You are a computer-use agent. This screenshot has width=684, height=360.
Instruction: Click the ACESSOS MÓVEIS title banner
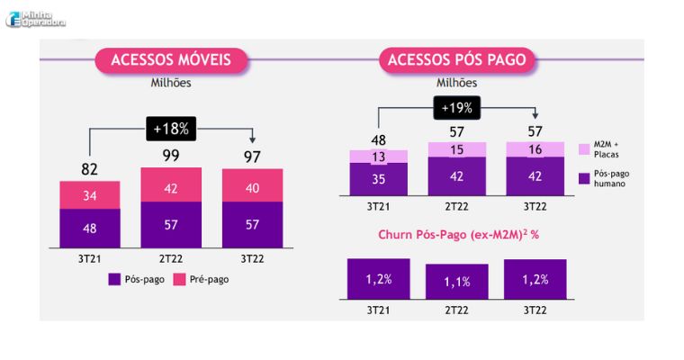[x=171, y=60]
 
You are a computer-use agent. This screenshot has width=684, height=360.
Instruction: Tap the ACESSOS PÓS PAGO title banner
[x=457, y=60]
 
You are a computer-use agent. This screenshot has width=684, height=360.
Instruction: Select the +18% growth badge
[x=171, y=129]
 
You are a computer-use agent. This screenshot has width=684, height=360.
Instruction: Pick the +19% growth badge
[x=457, y=109]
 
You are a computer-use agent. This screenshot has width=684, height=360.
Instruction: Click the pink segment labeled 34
[x=90, y=195]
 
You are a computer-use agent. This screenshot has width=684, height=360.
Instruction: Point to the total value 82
[x=89, y=169]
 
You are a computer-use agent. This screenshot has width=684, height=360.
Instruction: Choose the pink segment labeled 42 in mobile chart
[x=171, y=188]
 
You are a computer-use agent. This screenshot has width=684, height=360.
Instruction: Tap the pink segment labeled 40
[x=252, y=188]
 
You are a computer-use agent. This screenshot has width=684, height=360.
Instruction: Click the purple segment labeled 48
[x=90, y=228]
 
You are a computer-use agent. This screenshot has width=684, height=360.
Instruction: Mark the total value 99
[x=171, y=157]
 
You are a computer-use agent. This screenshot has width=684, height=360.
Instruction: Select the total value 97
[x=252, y=157]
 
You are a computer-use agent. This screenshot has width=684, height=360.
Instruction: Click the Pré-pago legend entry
[x=202, y=279]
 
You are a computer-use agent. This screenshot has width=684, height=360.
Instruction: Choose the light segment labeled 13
[x=379, y=157]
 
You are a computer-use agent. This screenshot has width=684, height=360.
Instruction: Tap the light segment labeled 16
[x=536, y=150]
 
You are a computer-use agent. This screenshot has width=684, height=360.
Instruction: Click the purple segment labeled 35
[x=379, y=179]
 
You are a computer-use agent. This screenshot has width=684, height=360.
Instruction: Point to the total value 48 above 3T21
[x=379, y=139]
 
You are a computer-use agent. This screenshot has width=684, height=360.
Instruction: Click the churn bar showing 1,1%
[x=457, y=282]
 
